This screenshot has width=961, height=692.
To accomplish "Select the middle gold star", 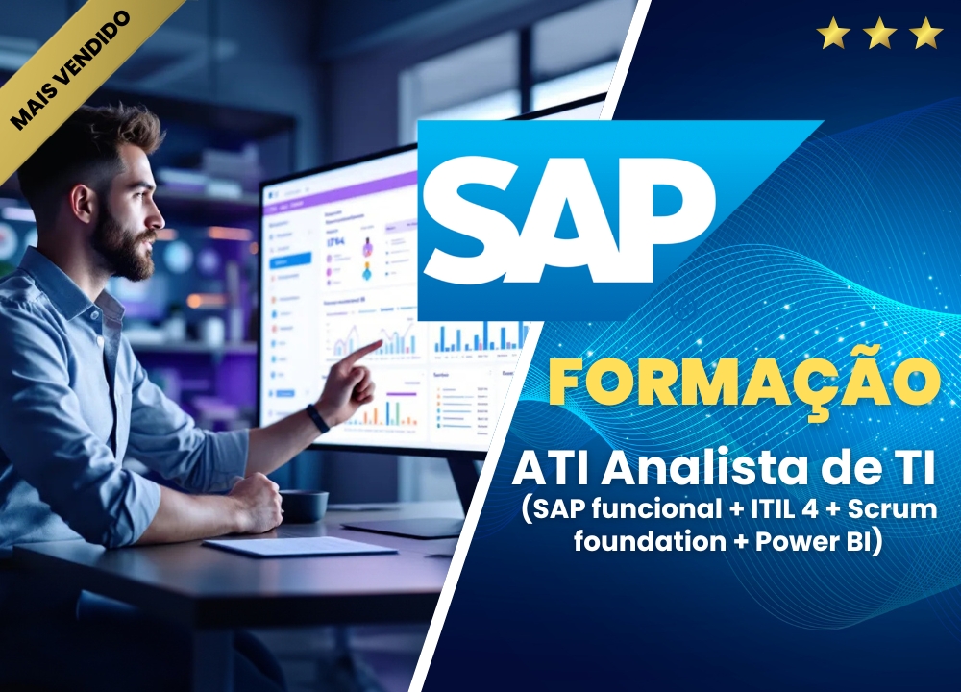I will click(x=880, y=35).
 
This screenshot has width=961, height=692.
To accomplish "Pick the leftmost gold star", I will click(x=833, y=35).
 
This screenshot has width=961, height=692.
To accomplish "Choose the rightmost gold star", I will click(x=926, y=35).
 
